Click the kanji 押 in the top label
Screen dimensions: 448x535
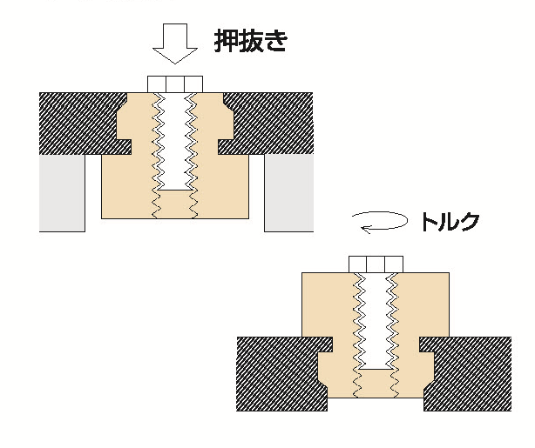tap(227, 42)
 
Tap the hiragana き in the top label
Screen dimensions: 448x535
tap(276, 42)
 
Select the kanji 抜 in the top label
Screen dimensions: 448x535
tap(252, 42)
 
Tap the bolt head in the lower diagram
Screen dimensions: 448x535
tap(376, 264)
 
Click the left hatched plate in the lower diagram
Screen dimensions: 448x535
tap(274, 374)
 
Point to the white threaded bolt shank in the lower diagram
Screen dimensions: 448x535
tap(376, 318)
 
